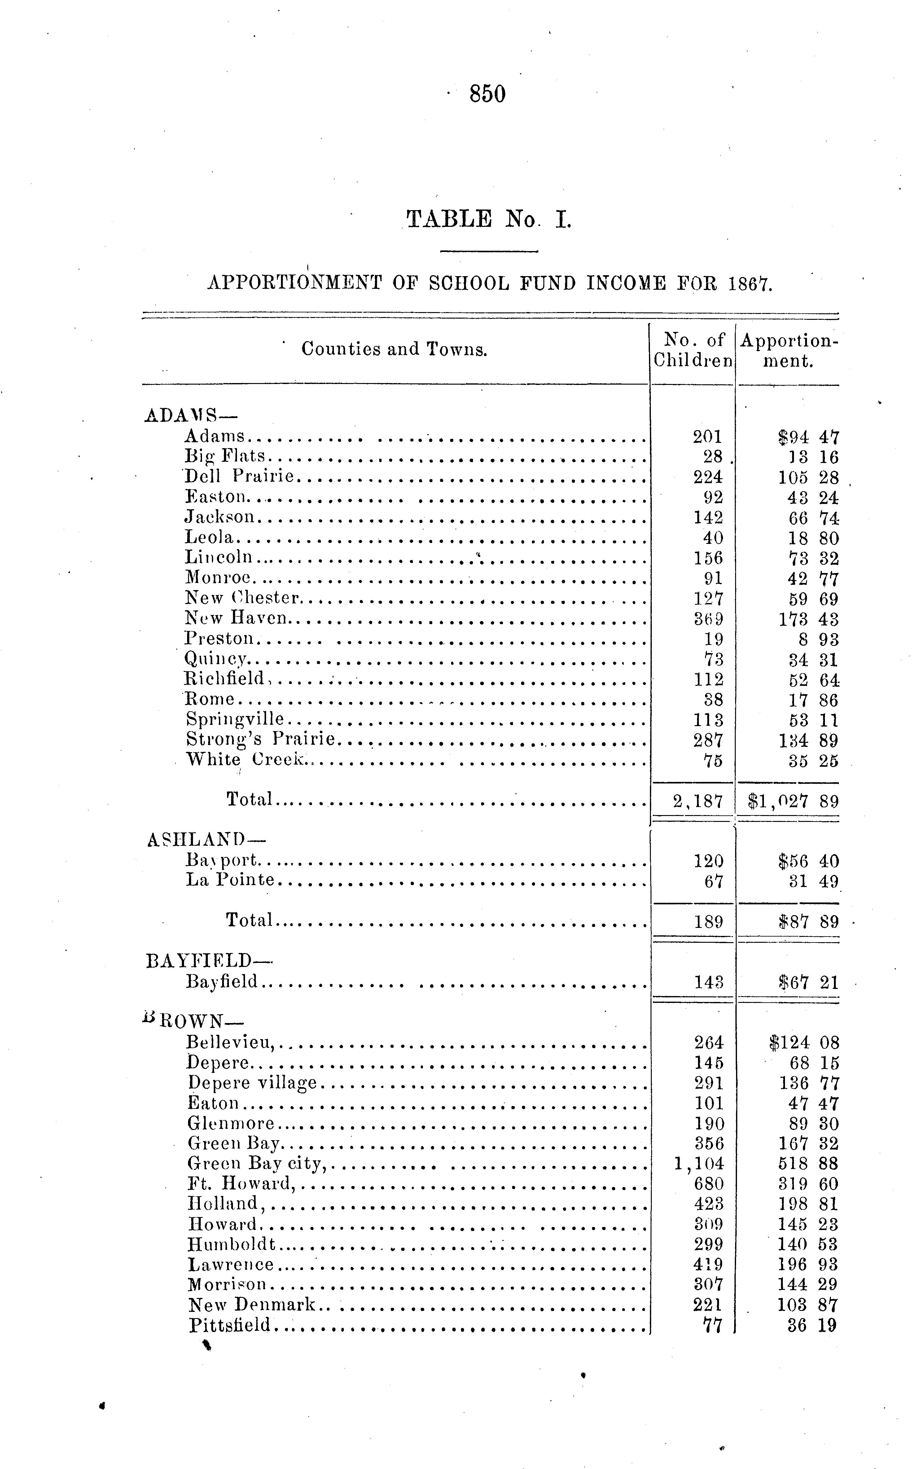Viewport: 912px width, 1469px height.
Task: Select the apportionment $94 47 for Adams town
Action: (x=808, y=437)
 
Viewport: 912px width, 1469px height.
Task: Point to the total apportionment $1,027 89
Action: (x=792, y=801)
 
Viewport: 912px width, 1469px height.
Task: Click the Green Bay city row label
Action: (x=256, y=1163)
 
